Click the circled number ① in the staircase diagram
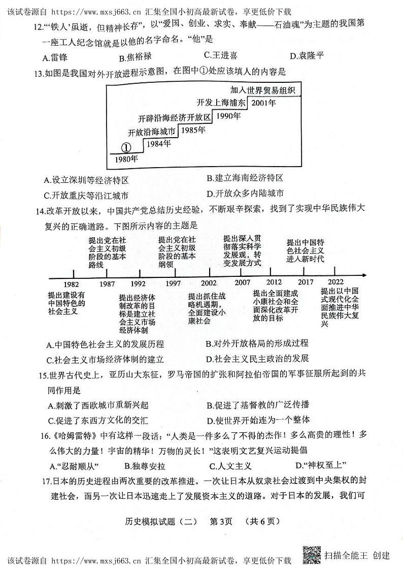coord(126,147)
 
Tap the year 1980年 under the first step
coord(126,159)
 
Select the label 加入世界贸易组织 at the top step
coord(262,90)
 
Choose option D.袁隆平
coord(306,56)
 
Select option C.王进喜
coord(220,56)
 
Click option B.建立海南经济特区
coord(245,178)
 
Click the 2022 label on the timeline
coord(335,282)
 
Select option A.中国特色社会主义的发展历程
coord(105,345)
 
